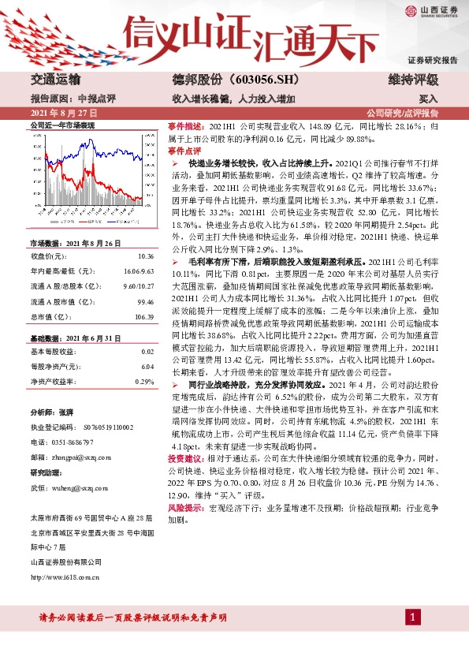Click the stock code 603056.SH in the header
click(237, 80)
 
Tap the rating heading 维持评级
click(413, 80)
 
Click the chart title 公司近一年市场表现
click(61, 125)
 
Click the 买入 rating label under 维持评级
click(428, 100)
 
